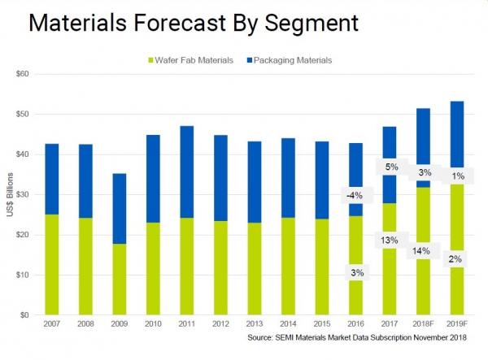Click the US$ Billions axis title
point(10,194)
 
